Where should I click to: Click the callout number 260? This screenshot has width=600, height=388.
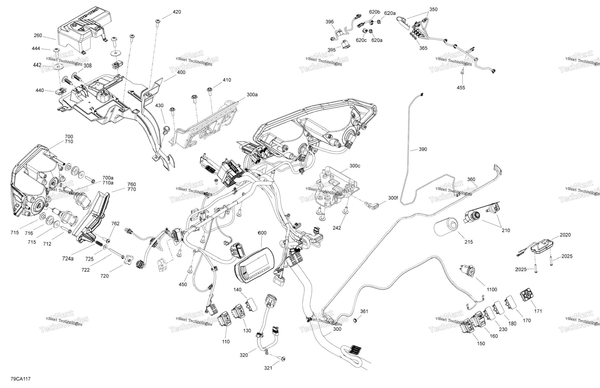[38, 36]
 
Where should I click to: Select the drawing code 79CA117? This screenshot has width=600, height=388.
[20, 379]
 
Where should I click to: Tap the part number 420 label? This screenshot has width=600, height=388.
[177, 12]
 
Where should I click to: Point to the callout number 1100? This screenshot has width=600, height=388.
[492, 290]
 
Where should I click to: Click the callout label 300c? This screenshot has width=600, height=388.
[355, 166]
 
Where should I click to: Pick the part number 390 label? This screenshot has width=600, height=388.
[423, 149]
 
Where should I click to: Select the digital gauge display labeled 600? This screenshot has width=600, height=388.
[254, 265]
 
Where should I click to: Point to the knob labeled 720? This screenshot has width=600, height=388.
[128, 259]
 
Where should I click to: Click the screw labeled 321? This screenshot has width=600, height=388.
[283, 358]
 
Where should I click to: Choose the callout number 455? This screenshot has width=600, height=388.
[461, 88]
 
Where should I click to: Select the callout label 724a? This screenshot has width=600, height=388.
[68, 258]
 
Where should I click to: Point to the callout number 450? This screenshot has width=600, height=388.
[183, 285]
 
